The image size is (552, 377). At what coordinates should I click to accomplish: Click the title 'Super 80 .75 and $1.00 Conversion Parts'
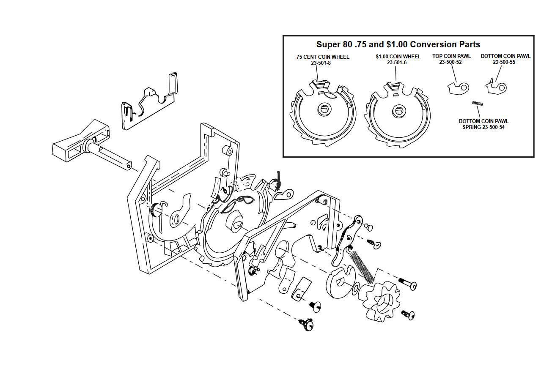point(398,44)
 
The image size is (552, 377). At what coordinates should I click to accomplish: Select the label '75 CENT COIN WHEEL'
point(323,57)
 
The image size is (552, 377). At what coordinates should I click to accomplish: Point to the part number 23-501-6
point(397,63)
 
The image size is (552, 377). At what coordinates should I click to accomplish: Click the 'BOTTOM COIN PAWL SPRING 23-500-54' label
point(483,124)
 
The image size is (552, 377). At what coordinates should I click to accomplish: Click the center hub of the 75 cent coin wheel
point(324,109)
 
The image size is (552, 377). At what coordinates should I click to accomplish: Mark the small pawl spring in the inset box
point(478,104)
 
